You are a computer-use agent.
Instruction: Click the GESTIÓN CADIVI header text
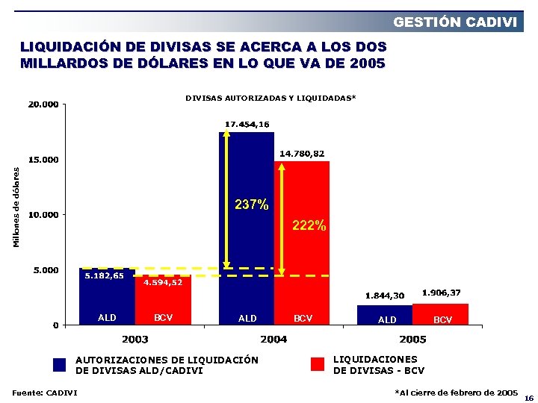tap(455, 22)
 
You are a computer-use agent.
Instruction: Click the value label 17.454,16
tap(247, 124)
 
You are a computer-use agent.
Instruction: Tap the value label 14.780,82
tap(302, 153)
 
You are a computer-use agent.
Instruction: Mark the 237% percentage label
tap(252, 204)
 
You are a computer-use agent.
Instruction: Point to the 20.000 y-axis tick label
tap(43, 104)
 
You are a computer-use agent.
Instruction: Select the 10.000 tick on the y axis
tap(43, 215)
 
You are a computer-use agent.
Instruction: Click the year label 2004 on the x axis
tap(273, 340)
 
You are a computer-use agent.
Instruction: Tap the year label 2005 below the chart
tap(412, 340)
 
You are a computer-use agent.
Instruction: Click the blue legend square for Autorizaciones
tap(61, 365)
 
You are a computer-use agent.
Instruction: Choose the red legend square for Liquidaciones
tap(318, 364)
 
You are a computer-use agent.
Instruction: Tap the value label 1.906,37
tap(442, 292)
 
